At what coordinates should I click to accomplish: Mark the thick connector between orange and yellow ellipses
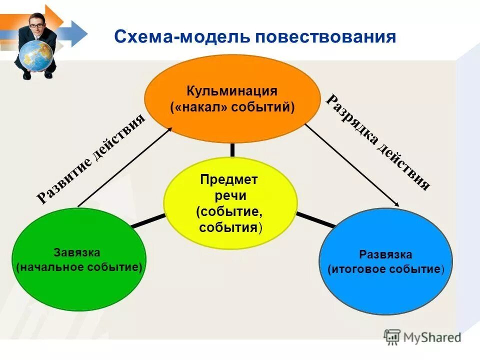232,149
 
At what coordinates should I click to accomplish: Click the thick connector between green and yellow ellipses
147,221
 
